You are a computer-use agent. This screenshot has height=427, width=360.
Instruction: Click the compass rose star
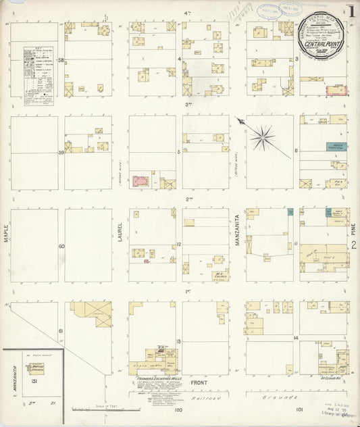(x=261, y=137)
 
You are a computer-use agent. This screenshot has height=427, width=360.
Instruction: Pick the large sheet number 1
(x=353, y=11)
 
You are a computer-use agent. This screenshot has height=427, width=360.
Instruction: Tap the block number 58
(x=61, y=61)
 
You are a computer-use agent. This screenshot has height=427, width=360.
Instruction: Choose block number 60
(x=61, y=246)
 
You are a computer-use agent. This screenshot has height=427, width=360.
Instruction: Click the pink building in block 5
(x=140, y=181)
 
